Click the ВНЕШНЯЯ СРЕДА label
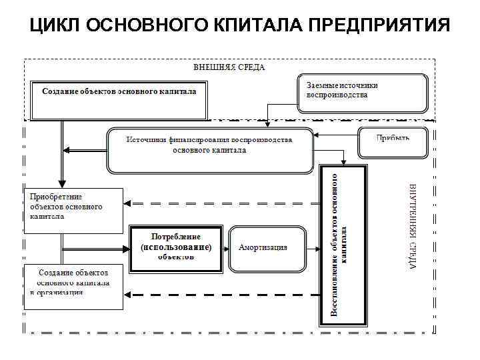(x=229, y=67)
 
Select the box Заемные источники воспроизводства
(x=361, y=93)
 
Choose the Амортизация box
(x=267, y=247)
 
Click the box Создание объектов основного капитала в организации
(x=73, y=287)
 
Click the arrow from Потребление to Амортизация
(x=225, y=247)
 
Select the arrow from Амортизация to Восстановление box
(x=313, y=247)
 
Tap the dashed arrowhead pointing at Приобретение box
(x=130, y=203)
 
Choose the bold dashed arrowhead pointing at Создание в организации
(x=131, y=294)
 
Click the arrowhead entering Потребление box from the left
(x=126, y=249)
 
